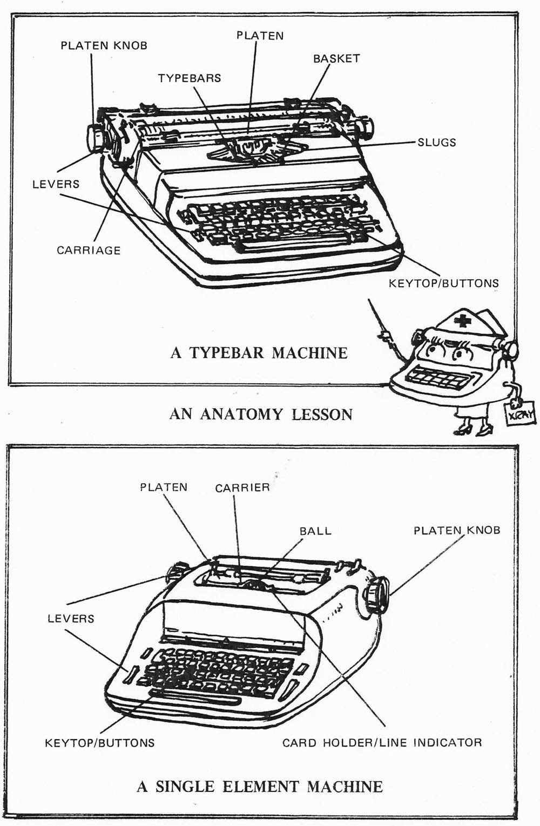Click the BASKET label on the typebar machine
tap(336, 58)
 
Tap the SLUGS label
tap(436, 143)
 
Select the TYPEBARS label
tap(189, 78)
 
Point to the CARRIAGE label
tap(89, 250)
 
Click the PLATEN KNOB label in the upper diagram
tap(104, 46)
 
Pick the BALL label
tap(315, 531)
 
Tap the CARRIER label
tap(242, 488)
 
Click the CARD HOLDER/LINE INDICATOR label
tap(382, 742)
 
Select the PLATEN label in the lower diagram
tap(164, 487)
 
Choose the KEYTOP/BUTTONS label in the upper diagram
tap(443, 283)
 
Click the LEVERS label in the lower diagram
tap(71, 619)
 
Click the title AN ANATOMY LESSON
tap(261, 414)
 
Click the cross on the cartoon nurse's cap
tap(462, 322)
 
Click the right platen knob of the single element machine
tap(376, 594)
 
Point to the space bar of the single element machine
tap(198, 700)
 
